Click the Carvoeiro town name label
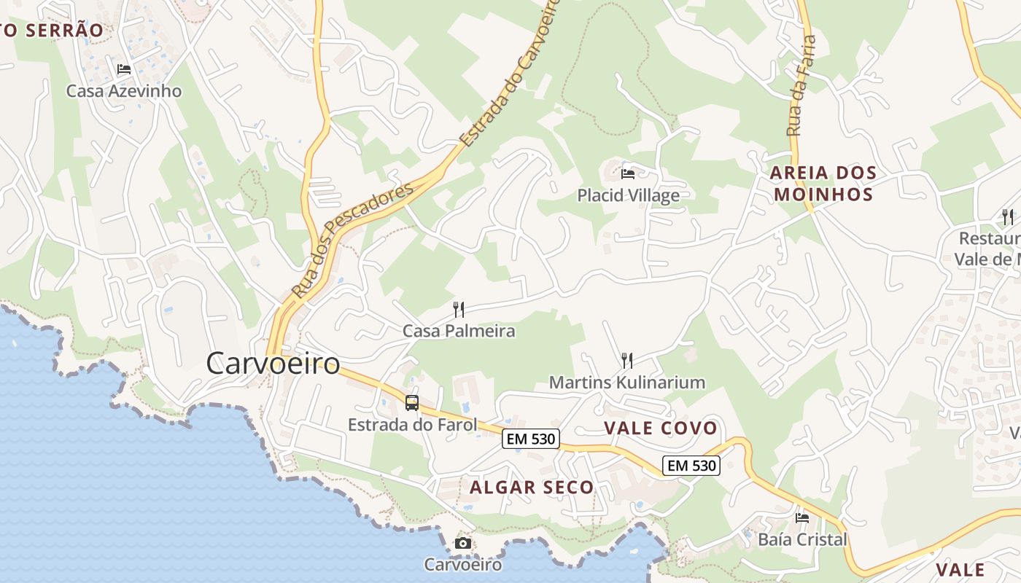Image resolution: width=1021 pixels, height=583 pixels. pyautogui.click(x=273, y=363)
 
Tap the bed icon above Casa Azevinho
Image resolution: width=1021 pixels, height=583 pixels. pyautogui.click(x=124, y=69)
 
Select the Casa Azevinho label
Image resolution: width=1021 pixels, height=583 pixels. pyautogui.click(x=124, y=91)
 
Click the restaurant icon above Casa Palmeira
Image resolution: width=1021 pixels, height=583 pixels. pyautogui.click(x=459, y=309)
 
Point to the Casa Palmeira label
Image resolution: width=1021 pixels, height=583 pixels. pyautogui.click(x=459, y=331)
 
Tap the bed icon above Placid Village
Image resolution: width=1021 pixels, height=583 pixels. pyautogui.click(x=628, y=173)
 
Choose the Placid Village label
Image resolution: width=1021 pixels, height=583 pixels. pyautogui.click(x=628, y=195)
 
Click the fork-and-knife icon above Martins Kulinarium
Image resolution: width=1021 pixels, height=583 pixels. pyautogui.click(x=626, y=360)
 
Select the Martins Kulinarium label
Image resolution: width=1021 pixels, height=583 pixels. pyautogui.click(x=626, y=382)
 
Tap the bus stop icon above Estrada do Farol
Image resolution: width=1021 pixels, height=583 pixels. pyautogui.click(x=412, y=402)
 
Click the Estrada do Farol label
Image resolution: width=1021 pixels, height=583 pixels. pyautogui.click(x=412, y=424)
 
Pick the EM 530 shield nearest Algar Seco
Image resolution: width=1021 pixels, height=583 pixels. pyautogui.click(x=530, y=439)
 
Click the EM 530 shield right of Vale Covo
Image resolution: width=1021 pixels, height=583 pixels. pyautogui.click(x=691, y=465)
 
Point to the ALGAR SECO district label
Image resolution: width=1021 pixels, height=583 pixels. pyautogui.click(x=532, y=487)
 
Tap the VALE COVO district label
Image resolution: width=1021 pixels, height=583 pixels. pyautogui.click(x=661, y=428)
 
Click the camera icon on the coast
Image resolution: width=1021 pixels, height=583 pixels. pyautogui.click(x=463, y=543)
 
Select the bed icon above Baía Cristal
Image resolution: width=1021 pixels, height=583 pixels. pyautogui.click(x=802, y=518)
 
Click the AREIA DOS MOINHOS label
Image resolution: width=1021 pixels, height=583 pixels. pyautogui.click(x=823, y=184)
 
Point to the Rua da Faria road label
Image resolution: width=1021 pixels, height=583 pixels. pyautogui.click(x=801, y=86)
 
